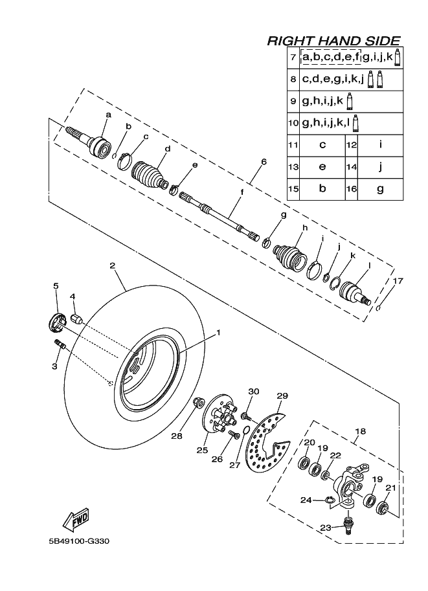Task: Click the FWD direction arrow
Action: [76, 519]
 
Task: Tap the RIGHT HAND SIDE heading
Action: [333, 41]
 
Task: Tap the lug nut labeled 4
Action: [76, 318]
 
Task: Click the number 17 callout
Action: [398, 280]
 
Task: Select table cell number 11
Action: [293, 145]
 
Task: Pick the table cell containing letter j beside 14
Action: [380, 167]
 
